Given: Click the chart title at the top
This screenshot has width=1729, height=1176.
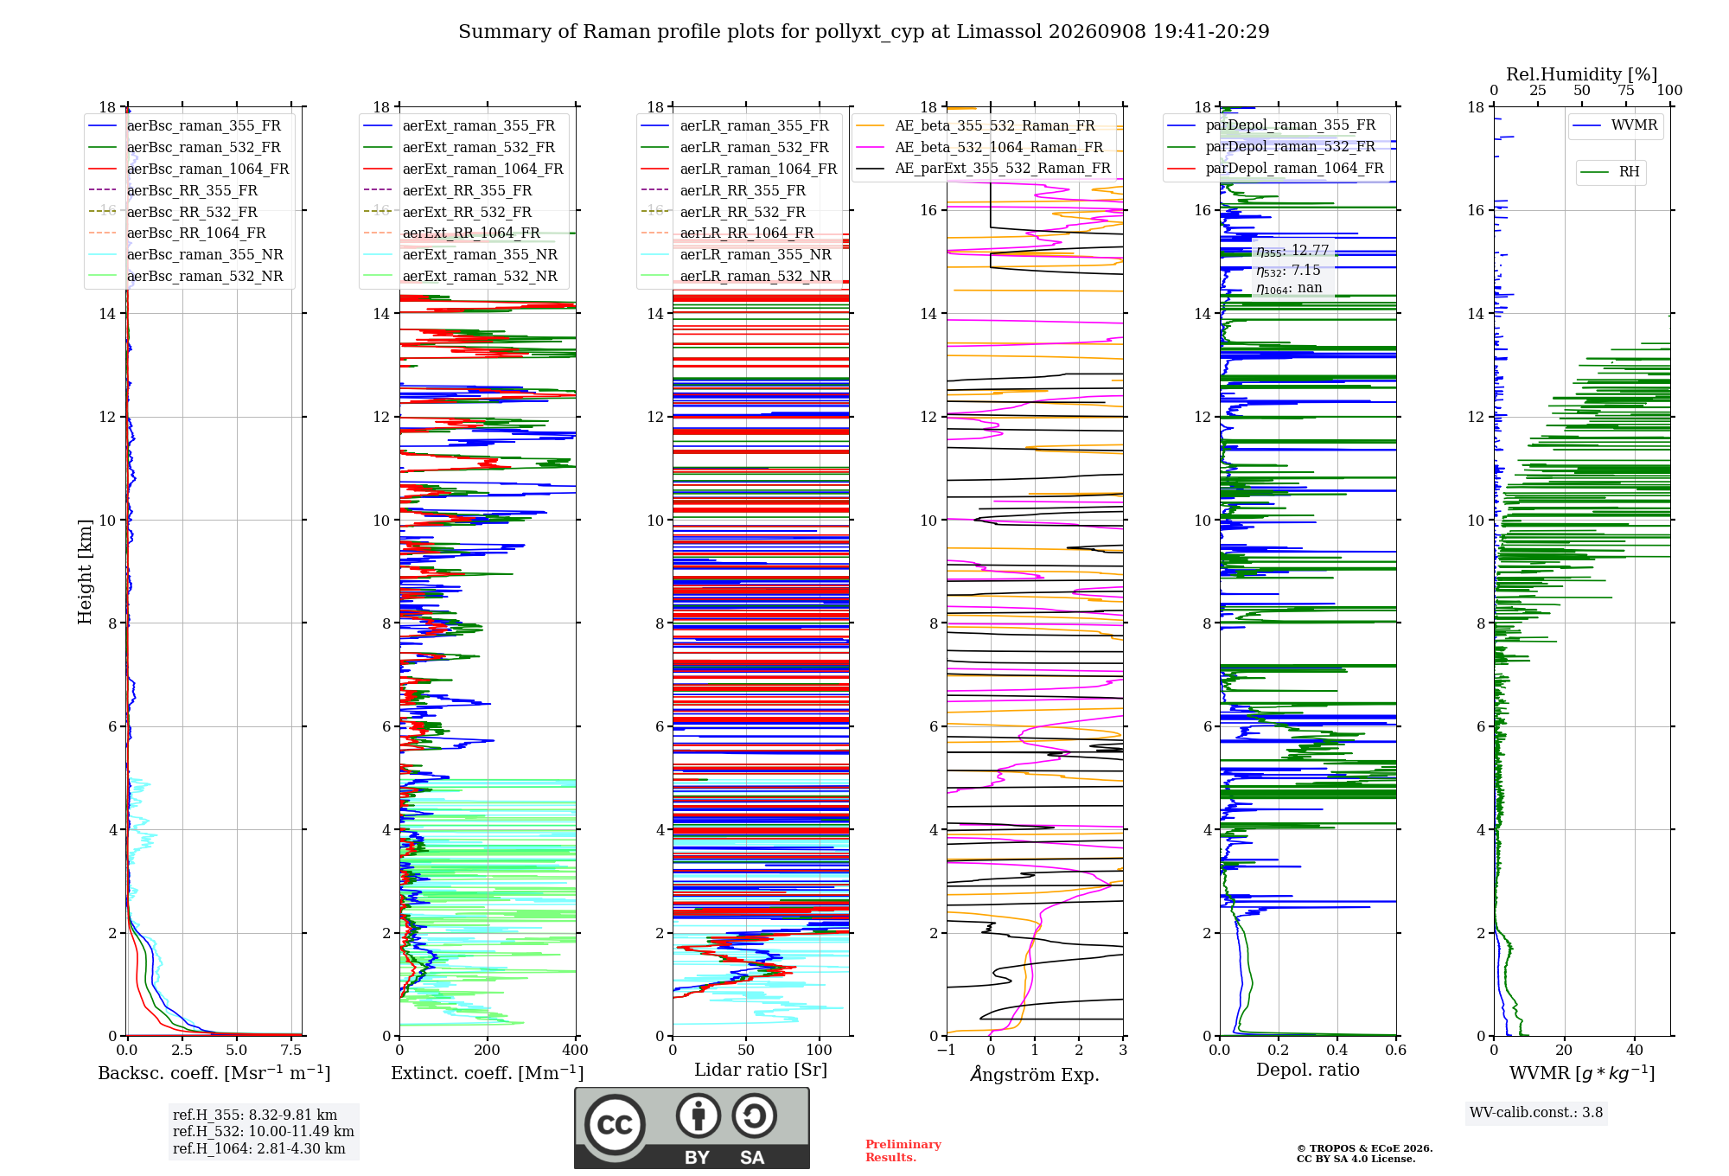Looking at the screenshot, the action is point(864,32).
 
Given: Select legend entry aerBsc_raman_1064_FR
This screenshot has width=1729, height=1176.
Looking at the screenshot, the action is point(207,169).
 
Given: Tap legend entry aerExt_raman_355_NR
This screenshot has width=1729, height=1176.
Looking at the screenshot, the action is point(480,254).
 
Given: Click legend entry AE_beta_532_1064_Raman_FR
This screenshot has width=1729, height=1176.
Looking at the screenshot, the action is point(998,147).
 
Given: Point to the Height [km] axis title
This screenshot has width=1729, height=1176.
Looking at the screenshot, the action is point(85,572).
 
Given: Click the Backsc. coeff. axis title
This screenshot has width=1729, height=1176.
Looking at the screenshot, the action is point(214,1073).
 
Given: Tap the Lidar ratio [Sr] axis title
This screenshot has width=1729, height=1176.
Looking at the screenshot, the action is point(761,1070).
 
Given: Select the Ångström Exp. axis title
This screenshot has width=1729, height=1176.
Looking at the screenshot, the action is point(1035,1074).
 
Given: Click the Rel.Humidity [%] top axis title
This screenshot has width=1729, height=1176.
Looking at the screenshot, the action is point(1581,74).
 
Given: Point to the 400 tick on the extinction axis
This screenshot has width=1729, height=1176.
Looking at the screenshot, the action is point(575,1050).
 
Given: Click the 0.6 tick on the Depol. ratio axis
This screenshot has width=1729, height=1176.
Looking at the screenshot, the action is point(1395,1050).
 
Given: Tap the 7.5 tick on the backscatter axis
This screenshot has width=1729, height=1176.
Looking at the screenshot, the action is point(291,1050).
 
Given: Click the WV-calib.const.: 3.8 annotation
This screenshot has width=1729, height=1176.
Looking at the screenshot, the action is point(1536,1113).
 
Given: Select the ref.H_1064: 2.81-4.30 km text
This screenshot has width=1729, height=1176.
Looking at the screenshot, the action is point(258,1148).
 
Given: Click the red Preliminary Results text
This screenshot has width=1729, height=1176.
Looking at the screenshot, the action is point(903,1151).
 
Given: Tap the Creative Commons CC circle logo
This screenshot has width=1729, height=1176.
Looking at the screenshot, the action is point(615,1124).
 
